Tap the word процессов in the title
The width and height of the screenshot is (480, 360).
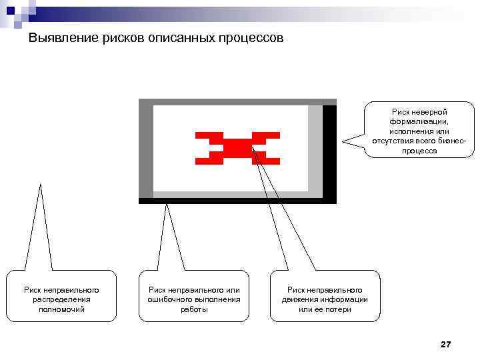(251, 39)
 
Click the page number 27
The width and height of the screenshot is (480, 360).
(446, 344)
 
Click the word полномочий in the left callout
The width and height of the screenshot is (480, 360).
(61, 309)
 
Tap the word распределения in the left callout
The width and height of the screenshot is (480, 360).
(61, 299)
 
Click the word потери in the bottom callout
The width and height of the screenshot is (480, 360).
(339, 309)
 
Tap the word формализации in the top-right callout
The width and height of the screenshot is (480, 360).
(419, 122)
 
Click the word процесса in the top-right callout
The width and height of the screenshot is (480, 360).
(419, 151)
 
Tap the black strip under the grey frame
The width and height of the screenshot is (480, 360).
(237, 201)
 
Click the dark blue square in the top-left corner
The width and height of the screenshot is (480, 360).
(11, 10)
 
